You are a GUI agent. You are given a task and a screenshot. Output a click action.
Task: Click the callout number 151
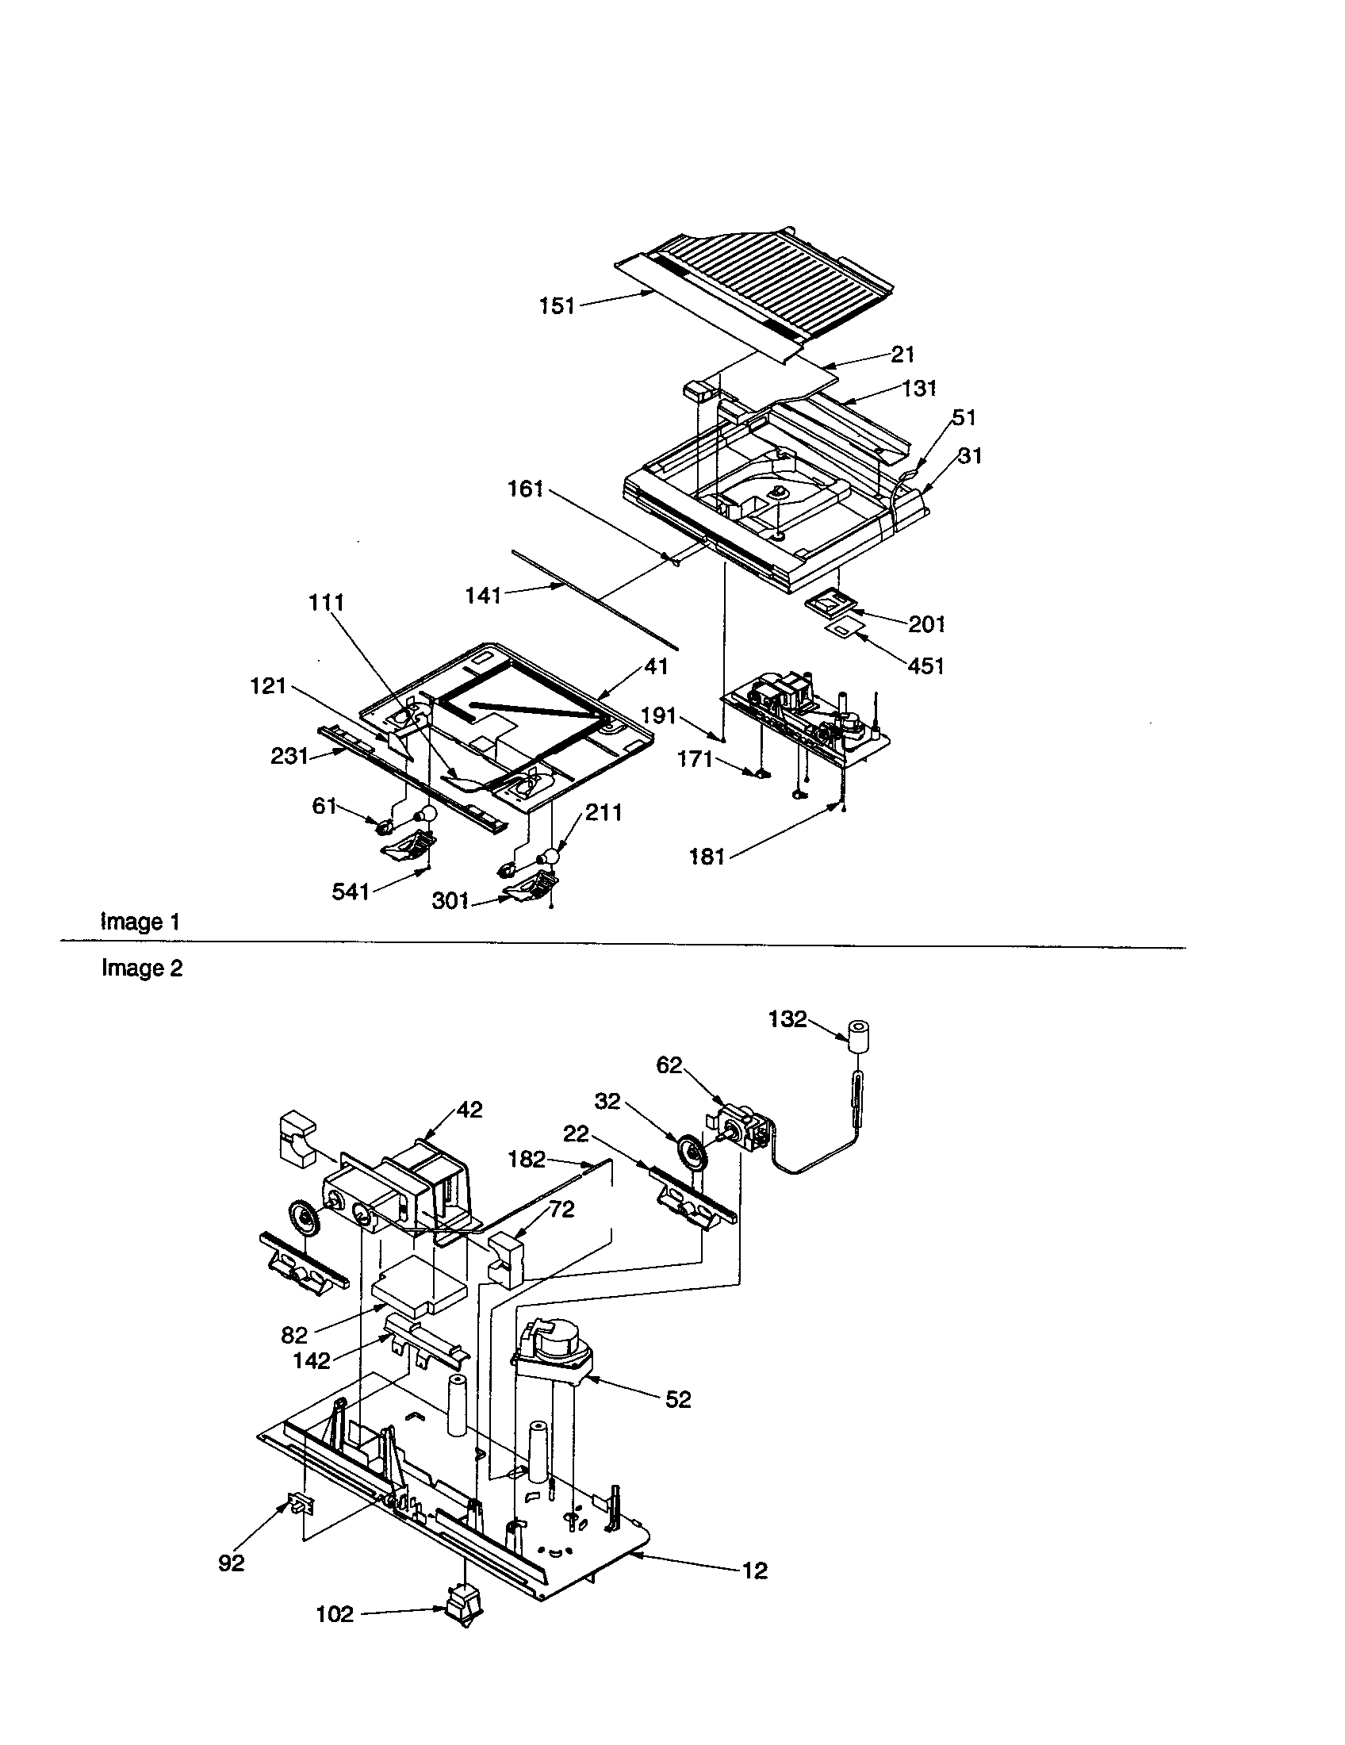(x=557, y=307)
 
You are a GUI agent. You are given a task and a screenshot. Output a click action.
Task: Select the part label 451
(x=926, y=665)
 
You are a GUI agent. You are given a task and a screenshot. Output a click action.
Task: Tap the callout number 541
(x=351, y=892)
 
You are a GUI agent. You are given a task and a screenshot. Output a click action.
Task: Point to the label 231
(x=289, y=756)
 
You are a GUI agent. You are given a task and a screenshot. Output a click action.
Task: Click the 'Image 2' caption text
(x=141, y=968)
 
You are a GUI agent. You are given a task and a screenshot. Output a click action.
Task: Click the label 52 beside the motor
(x=678, y=1399)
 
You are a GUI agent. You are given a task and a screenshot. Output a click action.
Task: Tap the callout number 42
(x=469, y=1110)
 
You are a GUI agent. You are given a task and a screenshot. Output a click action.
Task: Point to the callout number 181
(x=707, y=857)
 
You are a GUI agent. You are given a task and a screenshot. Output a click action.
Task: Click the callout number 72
(x=561, y=1210)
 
